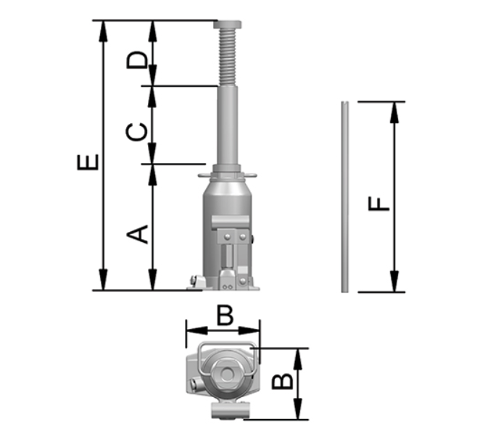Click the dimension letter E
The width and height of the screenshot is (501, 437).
click(x=88, y=162)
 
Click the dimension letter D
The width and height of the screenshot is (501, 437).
click(x=137, y=59)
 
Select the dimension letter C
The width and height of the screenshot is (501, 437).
click(x=137, y=132)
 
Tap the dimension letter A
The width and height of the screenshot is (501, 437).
click(x=137, y=234)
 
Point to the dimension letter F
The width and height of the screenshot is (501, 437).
click(x=379, y=204)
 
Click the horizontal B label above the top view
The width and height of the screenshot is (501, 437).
click(x=225, y=315)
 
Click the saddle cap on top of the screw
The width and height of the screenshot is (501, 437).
click(x=228, y=25)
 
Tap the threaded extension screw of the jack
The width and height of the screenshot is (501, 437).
click(x=228, y=57)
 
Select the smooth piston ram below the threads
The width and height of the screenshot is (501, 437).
click(x=228, y=125)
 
